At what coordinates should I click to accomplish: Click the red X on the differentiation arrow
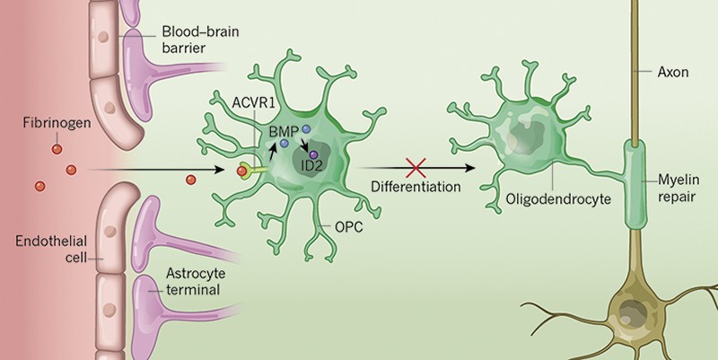click(x=413, y=167)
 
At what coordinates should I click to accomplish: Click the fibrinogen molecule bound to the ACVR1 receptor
click(x=241, y=171)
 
